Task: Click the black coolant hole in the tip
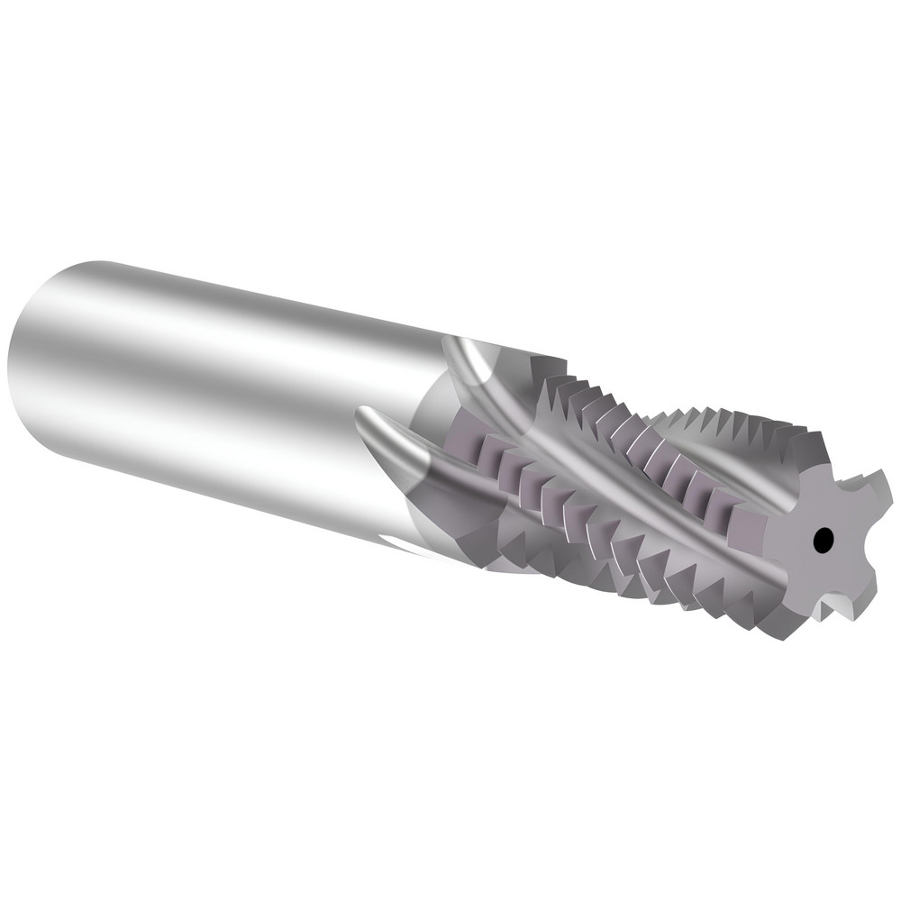pos(822,541)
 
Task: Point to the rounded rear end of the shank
pos(32,360)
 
